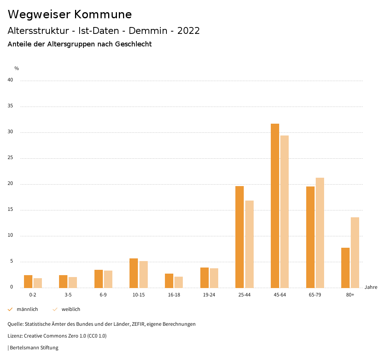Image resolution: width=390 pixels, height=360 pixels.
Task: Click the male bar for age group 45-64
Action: pyautogui.click(x=275, y=205)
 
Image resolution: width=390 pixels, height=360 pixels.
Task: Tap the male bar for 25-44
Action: pyautogui.click(x=240, y=237)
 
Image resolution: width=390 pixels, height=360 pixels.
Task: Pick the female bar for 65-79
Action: pyautogui.click(x=320, y=233)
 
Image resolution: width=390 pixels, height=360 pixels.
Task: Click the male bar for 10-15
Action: pyautogui.click(x=134, y=273)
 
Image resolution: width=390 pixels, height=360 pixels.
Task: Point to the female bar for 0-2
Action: pyautogui.click(x=38, y=283)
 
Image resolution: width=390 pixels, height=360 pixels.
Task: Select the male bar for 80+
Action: pyautogui.click(x=345, y=268)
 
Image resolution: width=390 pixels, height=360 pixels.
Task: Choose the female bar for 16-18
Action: pyautogui.click(x=179, y=282)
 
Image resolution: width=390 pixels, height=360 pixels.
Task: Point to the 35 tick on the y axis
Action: pyautogui.click(x=10, y=106)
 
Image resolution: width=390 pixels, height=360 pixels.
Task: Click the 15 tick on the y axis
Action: pyautogui.click(x=10, y=210)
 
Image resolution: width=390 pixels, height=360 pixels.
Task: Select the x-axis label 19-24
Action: pyautogui.click(x=209, y=295)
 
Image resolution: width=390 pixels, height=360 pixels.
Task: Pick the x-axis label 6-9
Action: pyautogui.click(x=103, y=295)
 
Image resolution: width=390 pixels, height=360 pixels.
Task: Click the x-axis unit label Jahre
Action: pyautogui.click(x=371, y=287)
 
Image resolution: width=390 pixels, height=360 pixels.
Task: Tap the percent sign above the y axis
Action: pyautogui.click(x=17, y=68)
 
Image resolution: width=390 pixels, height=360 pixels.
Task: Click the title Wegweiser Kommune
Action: pyautogui.click(x=70, y=14)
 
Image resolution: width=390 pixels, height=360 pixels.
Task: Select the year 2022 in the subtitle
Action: pyautogui.click(x=189, y=31)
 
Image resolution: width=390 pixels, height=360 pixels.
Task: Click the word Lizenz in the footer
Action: pyautogui.click(x=15, y=336)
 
